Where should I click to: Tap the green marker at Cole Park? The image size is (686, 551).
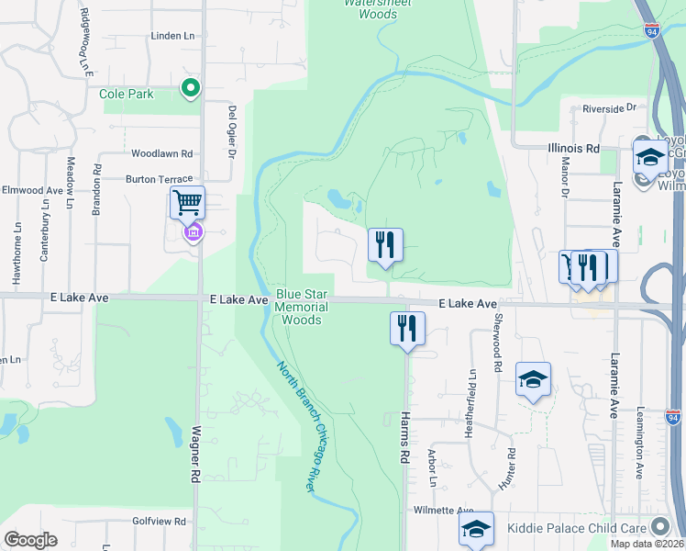click(191, 89)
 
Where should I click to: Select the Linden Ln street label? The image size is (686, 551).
click(173, 36)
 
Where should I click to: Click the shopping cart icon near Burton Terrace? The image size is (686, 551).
click(187, 201)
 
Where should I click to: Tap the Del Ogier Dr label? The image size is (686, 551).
click(231, 130)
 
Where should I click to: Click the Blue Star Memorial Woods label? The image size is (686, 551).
click(301, 307)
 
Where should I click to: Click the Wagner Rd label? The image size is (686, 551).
click(195, 454)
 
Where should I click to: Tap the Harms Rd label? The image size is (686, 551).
click(404, 435)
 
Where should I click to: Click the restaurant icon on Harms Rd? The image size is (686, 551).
click(407, 328)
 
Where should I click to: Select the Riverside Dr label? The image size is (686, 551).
click(609, 107)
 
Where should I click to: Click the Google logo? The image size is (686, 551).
click(30, 540)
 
